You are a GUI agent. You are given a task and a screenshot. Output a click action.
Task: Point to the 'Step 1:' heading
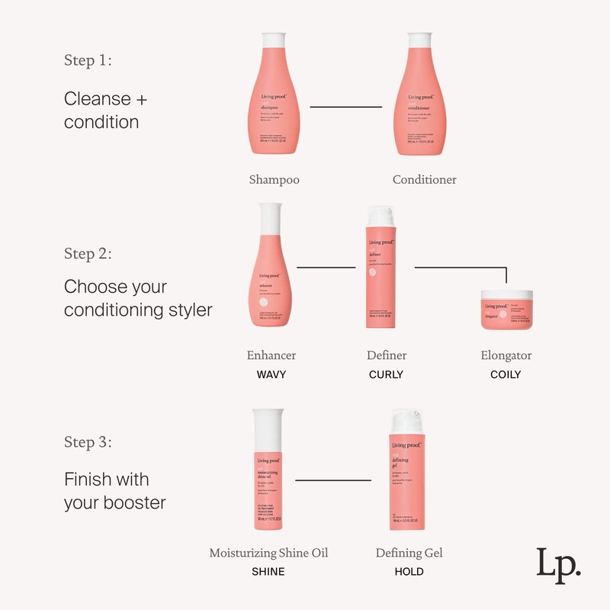[88, 61]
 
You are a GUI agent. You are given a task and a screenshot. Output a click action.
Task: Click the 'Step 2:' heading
[88, 253]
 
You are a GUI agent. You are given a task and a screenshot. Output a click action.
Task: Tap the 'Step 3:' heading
[88, 442]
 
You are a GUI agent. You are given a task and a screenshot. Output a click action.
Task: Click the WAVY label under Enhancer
[271, 374]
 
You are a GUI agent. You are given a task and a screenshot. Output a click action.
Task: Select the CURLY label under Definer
[386, 374]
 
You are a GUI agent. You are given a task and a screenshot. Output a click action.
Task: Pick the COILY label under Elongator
[506, 374]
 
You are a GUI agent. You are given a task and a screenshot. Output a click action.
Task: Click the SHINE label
[268, 571]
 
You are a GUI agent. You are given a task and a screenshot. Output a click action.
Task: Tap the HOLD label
[409, 571]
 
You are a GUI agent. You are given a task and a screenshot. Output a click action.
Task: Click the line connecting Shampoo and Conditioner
[345, 107]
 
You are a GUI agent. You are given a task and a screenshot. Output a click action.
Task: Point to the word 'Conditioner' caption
[425, 180]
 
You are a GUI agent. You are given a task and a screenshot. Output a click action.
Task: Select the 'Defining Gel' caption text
[409, 553]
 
